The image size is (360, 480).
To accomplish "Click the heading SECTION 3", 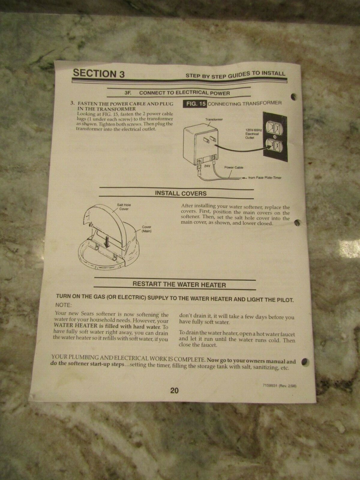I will (99, 73).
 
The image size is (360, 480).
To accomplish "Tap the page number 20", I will (174, 391).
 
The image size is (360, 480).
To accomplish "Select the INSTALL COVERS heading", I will (181, 193).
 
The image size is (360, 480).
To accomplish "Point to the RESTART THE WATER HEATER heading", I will (179, 284).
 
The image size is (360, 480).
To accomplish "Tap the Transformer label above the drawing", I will (212, 120).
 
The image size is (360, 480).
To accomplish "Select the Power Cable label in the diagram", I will (233, 167).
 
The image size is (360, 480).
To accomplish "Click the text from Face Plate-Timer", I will (264, 178).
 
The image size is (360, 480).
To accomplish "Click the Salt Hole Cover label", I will (124, 207).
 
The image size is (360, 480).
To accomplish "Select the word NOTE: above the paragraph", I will (64, 305).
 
